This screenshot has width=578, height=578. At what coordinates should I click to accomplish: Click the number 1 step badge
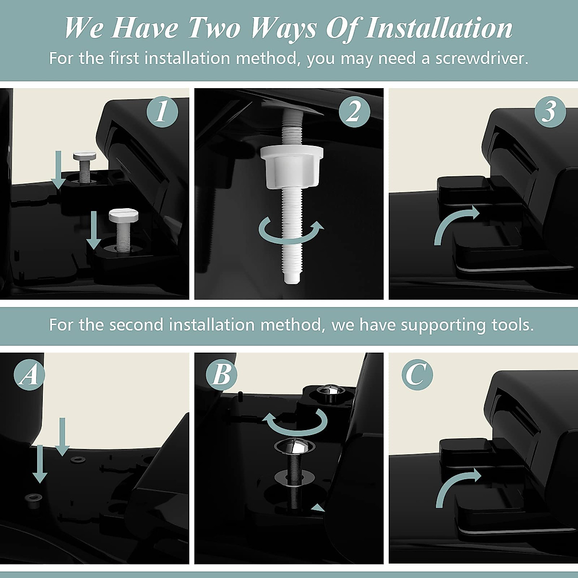[x=162, y=112]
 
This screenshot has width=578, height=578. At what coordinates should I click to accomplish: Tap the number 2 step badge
[x=355, y=112]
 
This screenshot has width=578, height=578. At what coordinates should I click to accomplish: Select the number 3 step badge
[x=550, y=112]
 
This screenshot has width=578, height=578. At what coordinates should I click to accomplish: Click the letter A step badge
[x=29, y=375]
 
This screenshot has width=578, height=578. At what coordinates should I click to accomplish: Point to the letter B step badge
[x=222, y=375]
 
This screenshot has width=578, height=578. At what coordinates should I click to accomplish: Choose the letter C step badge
[x=417, y=375]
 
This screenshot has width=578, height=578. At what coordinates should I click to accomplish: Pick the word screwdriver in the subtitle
[x=482, y=58]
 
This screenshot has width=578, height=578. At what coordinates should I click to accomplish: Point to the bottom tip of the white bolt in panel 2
[x=292, y=283]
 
